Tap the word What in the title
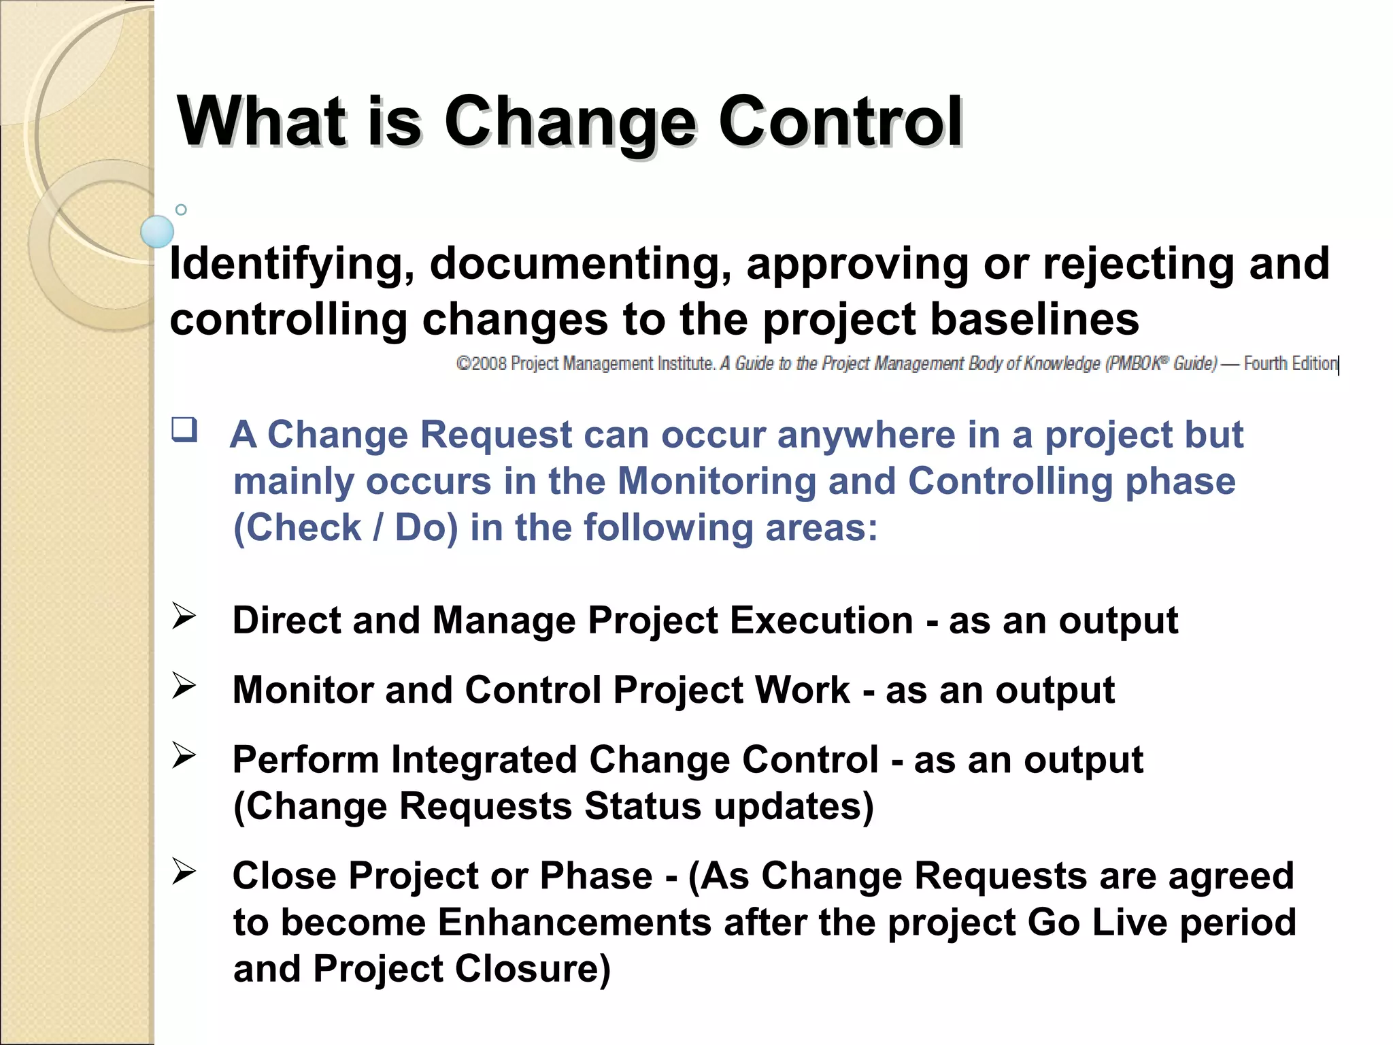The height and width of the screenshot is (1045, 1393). point(262,122)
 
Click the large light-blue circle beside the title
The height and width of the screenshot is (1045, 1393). point(157,231)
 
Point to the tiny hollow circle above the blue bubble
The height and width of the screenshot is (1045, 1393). point(181,210)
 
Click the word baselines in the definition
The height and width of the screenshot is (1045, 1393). point(1034,320)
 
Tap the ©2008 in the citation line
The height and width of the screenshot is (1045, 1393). point(481,364)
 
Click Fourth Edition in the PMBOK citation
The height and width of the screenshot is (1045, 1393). point(1290,364)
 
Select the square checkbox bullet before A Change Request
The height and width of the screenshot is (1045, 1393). point(184,430)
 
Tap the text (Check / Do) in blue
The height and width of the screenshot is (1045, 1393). point(346,528)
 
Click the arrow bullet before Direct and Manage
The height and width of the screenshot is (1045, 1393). point(184,616)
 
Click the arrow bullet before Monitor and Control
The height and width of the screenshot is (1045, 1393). point(184,686)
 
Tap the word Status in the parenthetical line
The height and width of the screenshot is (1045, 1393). point(642,807)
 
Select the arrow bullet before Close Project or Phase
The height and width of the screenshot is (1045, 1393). point(184,872)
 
